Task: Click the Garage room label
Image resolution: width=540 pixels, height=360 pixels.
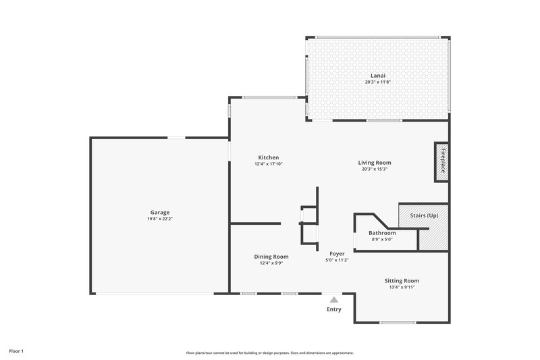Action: click(x=160, y=212)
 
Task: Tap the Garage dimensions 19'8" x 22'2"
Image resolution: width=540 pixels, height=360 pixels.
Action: click(x=160, y=219)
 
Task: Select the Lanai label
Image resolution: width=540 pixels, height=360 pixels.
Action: click(x=377, y=75)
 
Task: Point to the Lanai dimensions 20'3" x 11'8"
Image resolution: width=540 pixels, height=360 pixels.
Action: click(x=377, y=82)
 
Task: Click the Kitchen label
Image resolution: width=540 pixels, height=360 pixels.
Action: click(x=268, y=157)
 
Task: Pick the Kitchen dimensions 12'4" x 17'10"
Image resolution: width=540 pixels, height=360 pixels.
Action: click(x=268, y=164)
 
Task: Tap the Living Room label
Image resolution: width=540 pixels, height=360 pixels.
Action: click(x=374, y=162)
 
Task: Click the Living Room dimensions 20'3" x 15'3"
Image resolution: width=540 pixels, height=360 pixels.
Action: click(x=374, y=169)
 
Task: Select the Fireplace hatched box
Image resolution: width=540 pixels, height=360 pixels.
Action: click(x=441, y=162)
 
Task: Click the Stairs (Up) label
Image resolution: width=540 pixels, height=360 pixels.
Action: click(x=423, y=215)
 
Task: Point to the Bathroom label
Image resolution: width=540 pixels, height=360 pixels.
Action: click(x=381, y=232)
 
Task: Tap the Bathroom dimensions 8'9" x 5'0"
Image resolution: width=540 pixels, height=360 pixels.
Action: click(x=381, y=239)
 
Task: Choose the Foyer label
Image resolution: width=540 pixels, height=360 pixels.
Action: click(x=337, y=253)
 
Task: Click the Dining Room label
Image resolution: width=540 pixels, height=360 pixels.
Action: click(x=271, y=256)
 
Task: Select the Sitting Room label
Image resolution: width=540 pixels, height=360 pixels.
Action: click(x=402, y=280)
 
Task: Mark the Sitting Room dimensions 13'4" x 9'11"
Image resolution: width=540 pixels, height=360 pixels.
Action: click(x=402, y=287)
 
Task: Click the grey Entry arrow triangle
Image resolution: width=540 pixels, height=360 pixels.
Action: click(x=333, y=299)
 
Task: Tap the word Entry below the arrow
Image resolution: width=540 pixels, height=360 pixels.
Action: click(x=334, y=309)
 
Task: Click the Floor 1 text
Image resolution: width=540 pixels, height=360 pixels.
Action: click(x=16, y=351)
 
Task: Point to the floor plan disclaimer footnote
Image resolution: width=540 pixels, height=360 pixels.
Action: click(x=270, y=353)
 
